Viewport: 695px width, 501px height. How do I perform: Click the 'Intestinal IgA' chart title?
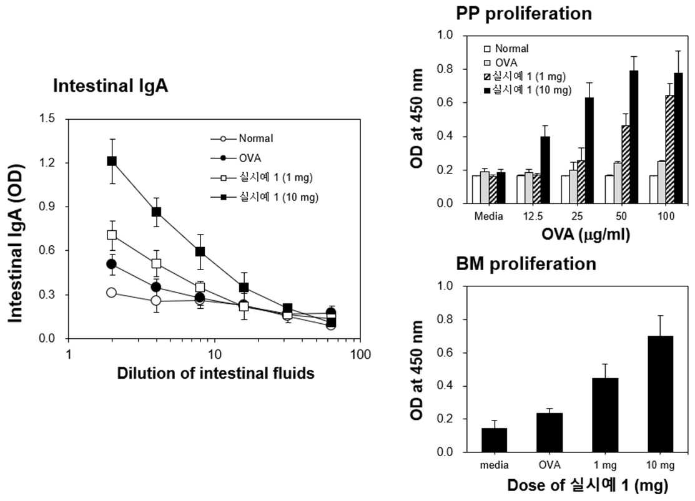(x=111, y=86)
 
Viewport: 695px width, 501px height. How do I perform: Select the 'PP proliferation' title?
(x=524, y=14)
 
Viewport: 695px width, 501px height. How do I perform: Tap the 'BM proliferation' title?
(x=526, y=264)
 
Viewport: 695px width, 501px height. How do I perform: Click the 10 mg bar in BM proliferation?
(x=660, y=394)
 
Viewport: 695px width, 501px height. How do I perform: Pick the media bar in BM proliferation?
(x=494, y=440)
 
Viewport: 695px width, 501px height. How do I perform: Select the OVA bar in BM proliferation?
(x=550, y=432)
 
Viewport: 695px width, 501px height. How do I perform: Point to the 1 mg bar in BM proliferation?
(x=605, y=415)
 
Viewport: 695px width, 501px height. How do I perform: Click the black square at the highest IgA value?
(x=112, y=161)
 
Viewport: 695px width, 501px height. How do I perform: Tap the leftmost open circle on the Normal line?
(x=111, y=293)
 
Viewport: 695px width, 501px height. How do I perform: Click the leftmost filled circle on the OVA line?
(x=112, y=264)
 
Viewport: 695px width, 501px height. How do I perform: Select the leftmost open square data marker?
(x=112, y=235)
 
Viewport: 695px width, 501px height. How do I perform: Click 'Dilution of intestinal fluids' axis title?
(x=216, y=373)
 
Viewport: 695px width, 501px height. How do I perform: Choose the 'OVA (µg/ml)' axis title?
(x=586, y=234)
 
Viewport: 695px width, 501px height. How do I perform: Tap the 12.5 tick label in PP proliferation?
(x=532, y=216)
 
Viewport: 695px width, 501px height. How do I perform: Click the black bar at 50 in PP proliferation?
(x=634, y=137)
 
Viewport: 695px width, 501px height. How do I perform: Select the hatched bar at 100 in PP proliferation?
(x=670, y=149)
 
